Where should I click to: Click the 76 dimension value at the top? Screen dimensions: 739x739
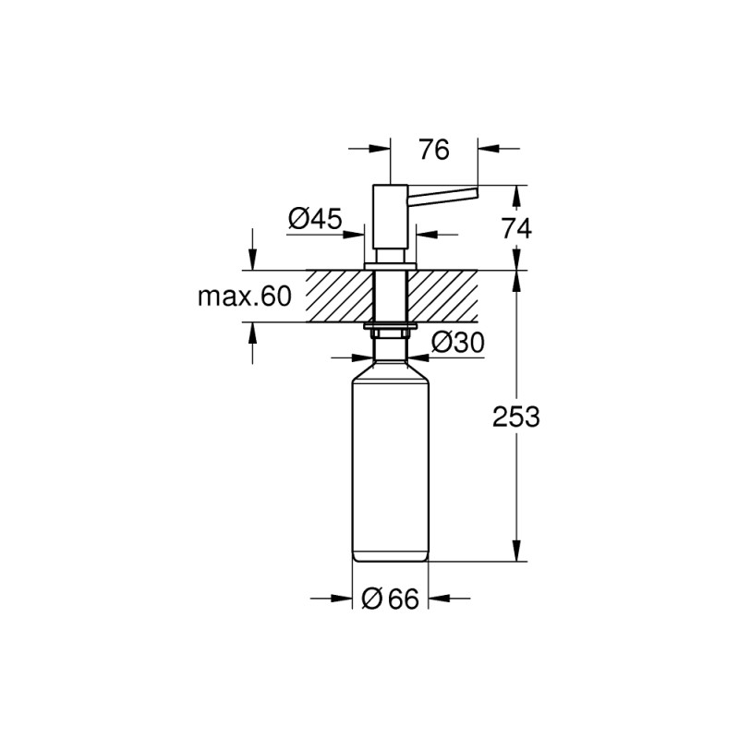433,150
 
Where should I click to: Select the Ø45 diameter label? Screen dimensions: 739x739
315,219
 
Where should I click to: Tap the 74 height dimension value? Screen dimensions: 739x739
515,227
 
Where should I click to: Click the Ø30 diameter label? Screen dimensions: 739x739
459,343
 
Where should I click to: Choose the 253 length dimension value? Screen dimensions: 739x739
515,416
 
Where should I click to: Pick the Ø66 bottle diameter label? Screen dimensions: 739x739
392,600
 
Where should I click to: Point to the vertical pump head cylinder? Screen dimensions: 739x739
390,217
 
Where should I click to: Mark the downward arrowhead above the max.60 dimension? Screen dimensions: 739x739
251,260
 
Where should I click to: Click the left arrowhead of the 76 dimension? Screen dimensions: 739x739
379,147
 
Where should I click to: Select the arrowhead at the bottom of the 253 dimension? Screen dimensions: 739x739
516,551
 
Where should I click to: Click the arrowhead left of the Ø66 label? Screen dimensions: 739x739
343,600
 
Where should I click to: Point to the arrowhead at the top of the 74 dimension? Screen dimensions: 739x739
516,196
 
